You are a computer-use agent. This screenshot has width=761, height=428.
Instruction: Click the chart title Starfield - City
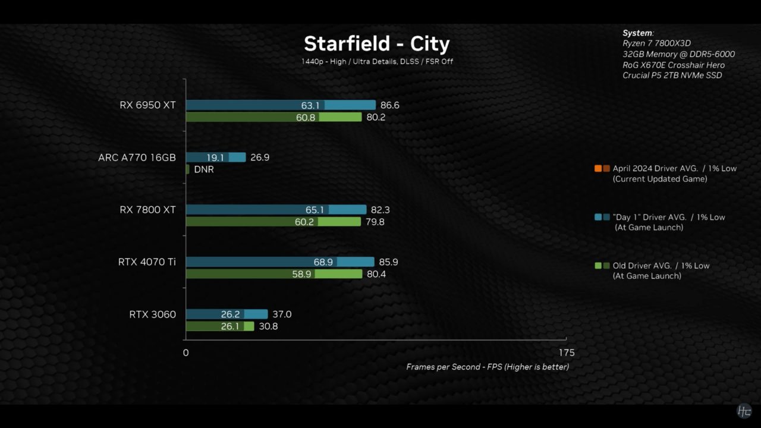pyautogui.click(x=376, y=43)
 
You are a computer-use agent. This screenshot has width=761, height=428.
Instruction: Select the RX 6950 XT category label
pyautogui.click(x=147, y=105)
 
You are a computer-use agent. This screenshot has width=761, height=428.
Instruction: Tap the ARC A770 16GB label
pyautogui.click(x=137, y=158)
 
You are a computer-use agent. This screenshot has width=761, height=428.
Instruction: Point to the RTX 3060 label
pyautogui.click(x=152, y=314)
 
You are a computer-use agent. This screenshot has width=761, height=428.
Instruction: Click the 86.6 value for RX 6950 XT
pyautogui.click(x=389, y=105)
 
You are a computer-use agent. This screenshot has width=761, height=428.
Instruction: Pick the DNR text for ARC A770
pyautogui.click(x=204, y=169)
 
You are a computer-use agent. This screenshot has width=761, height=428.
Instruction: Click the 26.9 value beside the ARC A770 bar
pyautogui.click(x=260, y=158)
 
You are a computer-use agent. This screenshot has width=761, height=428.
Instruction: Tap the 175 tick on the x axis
pyautogui.click(x=566, y=353)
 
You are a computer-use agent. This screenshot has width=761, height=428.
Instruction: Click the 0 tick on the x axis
pyautogui.click(x=185, y=353)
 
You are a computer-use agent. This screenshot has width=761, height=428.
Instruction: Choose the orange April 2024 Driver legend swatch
pyautogui.click(x=598, y=168)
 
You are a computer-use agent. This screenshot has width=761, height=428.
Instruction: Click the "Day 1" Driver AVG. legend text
pyautogui.click(x=668, y=217)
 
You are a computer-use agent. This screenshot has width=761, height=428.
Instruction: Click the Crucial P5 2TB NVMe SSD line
pyautogui.click(x=672, y=75)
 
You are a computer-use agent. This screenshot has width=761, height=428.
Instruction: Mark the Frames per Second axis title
pyautogui.click(x=488, y=367)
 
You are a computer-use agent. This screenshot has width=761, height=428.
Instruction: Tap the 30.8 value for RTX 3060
pyautogui.click(x=268, y=326)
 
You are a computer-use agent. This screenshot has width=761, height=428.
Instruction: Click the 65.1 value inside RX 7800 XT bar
pyautogui.click(x=315, y=210)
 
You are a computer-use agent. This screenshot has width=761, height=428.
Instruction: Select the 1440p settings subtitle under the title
pyautogui.click(x=377, y=61)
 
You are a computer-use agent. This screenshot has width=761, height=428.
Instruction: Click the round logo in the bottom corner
pyautogui.click(x=744, y=411)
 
